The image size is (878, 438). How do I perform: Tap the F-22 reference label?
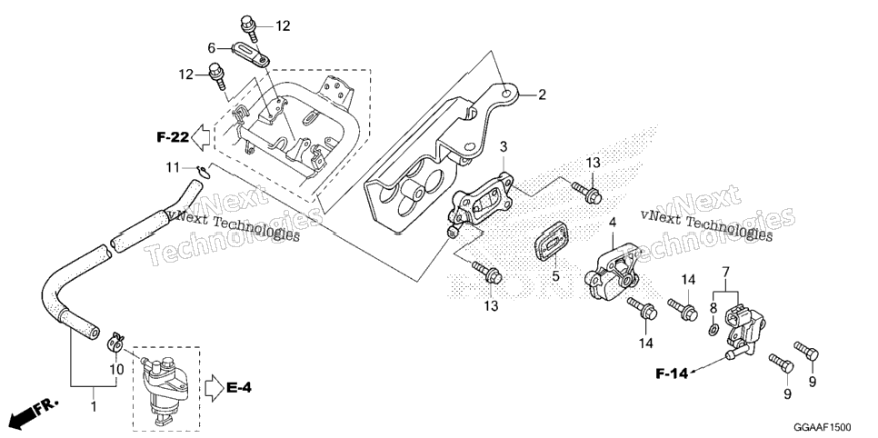[172, 136]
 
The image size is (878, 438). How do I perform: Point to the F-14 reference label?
[672, 373]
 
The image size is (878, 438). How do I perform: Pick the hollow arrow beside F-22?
[201, 135]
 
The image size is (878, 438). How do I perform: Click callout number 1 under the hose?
[94, 405]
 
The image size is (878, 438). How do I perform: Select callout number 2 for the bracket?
[542, 95]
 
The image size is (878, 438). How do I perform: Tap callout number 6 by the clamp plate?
[212, 49]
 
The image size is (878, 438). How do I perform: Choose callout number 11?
[174, 167]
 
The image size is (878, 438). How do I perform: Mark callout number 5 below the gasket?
[555, 275]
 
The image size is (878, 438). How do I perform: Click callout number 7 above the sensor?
[725, 274]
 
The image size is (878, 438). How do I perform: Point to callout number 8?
[713, 307]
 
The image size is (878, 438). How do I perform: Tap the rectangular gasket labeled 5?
[551, 241]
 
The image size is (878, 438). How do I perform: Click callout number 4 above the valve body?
[613, 223]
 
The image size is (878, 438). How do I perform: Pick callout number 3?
[504, 147]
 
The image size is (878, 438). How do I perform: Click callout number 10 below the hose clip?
[116, 370]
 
